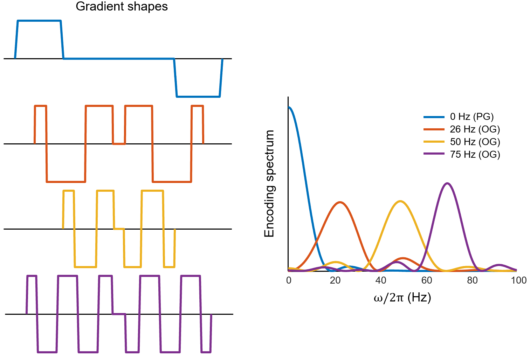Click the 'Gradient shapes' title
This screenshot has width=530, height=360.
coord(122,6)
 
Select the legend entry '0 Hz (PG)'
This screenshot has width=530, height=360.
coord(472,117)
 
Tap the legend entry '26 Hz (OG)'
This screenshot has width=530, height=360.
coord(475,129)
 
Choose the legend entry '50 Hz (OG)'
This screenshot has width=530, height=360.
coord(475,142)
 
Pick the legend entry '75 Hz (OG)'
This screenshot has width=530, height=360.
coord(475,155)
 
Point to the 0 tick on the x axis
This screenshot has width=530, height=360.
coord(289,280)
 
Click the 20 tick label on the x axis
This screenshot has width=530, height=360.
coord(335,280)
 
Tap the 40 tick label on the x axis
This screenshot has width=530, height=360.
coord(381,280)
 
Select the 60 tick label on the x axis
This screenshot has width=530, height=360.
coord(427,280)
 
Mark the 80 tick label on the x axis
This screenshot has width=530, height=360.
coord(473,280)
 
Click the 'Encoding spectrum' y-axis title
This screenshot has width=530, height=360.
coord(269,184)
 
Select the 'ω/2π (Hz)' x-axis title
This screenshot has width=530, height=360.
coord(402,298)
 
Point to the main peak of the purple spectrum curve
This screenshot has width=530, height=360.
coord(447,183)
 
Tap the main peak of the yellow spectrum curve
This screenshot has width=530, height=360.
coord(400,201)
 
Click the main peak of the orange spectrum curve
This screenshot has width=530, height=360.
coord(339,202)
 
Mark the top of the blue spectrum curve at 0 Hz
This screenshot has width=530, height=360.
coord(289,107)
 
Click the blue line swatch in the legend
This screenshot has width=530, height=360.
coord(434,117)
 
